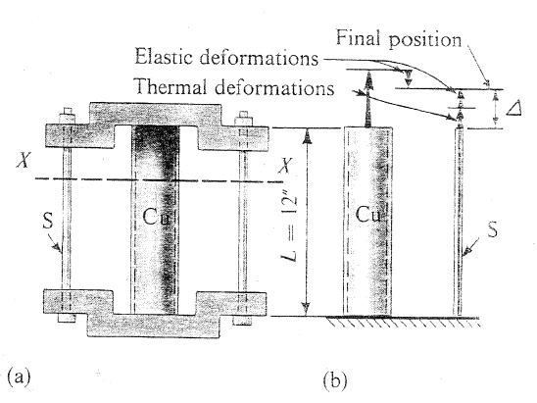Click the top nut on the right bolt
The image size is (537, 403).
tap(243, 126)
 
